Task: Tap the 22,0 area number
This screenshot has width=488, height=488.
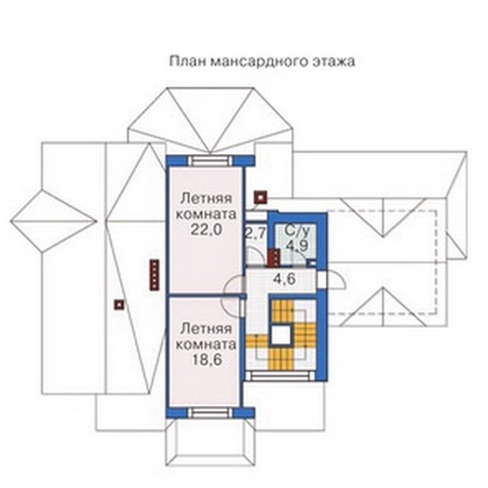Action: tap(206, 229)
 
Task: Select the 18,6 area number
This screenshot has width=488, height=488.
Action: tap(207, 360)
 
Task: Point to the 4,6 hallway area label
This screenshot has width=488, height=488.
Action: tap(284, 279)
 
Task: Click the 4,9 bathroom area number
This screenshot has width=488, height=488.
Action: tap(297, 245)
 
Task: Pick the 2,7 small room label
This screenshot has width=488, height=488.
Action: tap(256, 233)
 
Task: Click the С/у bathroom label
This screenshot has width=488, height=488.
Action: tap(297, 230)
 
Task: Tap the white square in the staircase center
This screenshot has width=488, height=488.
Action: tap(281, 335)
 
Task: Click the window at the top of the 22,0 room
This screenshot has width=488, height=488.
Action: tap(211, 161)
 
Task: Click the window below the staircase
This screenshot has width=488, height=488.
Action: tap(280, 377)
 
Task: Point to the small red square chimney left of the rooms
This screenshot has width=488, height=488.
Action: tap(119, 305)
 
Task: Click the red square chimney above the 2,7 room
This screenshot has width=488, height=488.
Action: tap(261, 197)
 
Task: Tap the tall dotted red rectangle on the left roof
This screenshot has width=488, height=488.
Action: tap(154, 274)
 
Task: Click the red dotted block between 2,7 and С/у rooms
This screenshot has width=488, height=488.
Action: tap(273, 258)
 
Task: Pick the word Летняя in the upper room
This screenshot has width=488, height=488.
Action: tap(206, 198)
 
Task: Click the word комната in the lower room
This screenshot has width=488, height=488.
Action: tap(206, 345)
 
